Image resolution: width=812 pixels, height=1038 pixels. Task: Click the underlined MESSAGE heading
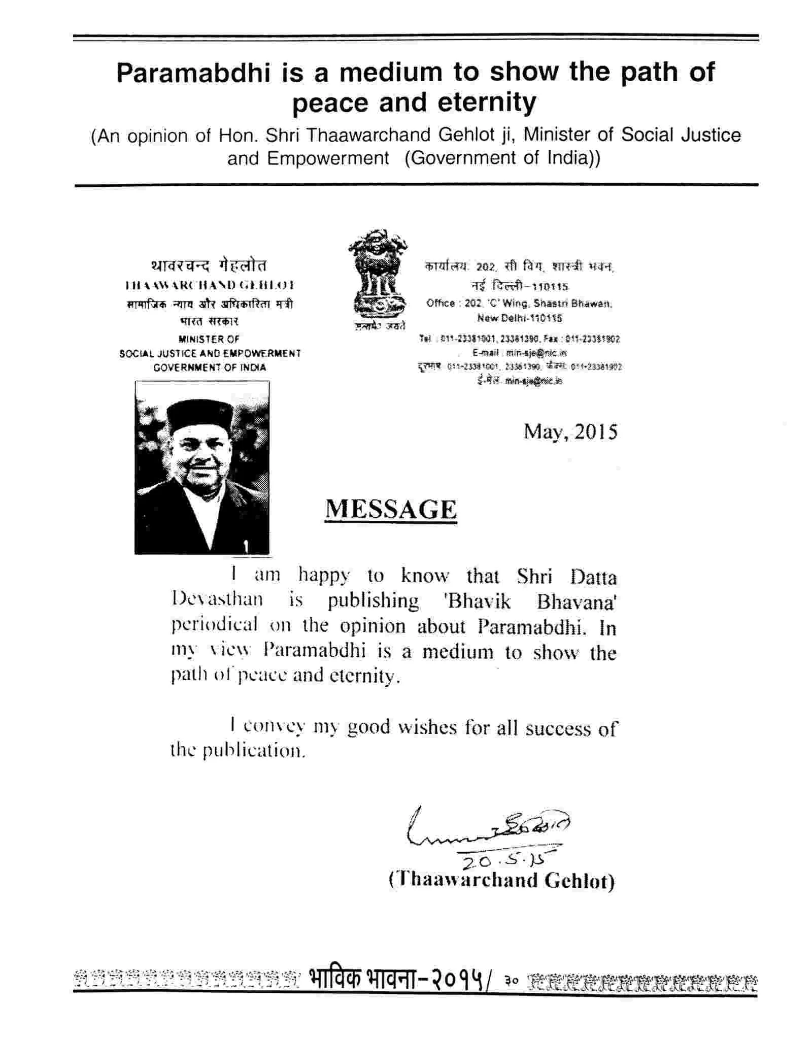pyautogui.click(x=390, y=509)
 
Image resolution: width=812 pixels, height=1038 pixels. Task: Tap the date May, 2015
pyautogui.click(x=570, y=432)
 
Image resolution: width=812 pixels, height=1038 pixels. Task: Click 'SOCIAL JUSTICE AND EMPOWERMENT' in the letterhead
pyautogui.click(x=210, y=353)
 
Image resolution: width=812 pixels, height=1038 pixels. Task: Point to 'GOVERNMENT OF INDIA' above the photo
pyautogui.click(x=210, y=367)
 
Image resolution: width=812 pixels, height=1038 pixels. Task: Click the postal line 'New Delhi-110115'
pyautogui.click(x=519, y=318)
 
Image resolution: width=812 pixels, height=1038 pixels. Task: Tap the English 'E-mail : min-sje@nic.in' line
pyautogui.click(x=519, y=352)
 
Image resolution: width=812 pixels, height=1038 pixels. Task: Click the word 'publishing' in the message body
pyautogui.click(x=373, y=601)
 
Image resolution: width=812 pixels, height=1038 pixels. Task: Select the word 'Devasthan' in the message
pyautogui.click(x=217, y=599)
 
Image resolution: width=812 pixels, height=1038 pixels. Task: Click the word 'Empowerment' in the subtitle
pyautogui.click(x=308, y=158)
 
